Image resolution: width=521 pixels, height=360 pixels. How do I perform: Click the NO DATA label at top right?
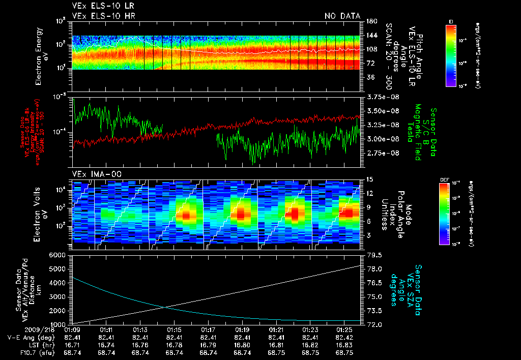pos(342,16)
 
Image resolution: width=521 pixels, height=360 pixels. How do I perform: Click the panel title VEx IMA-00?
pos(97,174)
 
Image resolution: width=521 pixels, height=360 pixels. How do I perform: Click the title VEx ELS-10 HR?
pos(104,16)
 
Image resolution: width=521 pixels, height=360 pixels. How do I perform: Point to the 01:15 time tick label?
pos(174,329)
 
